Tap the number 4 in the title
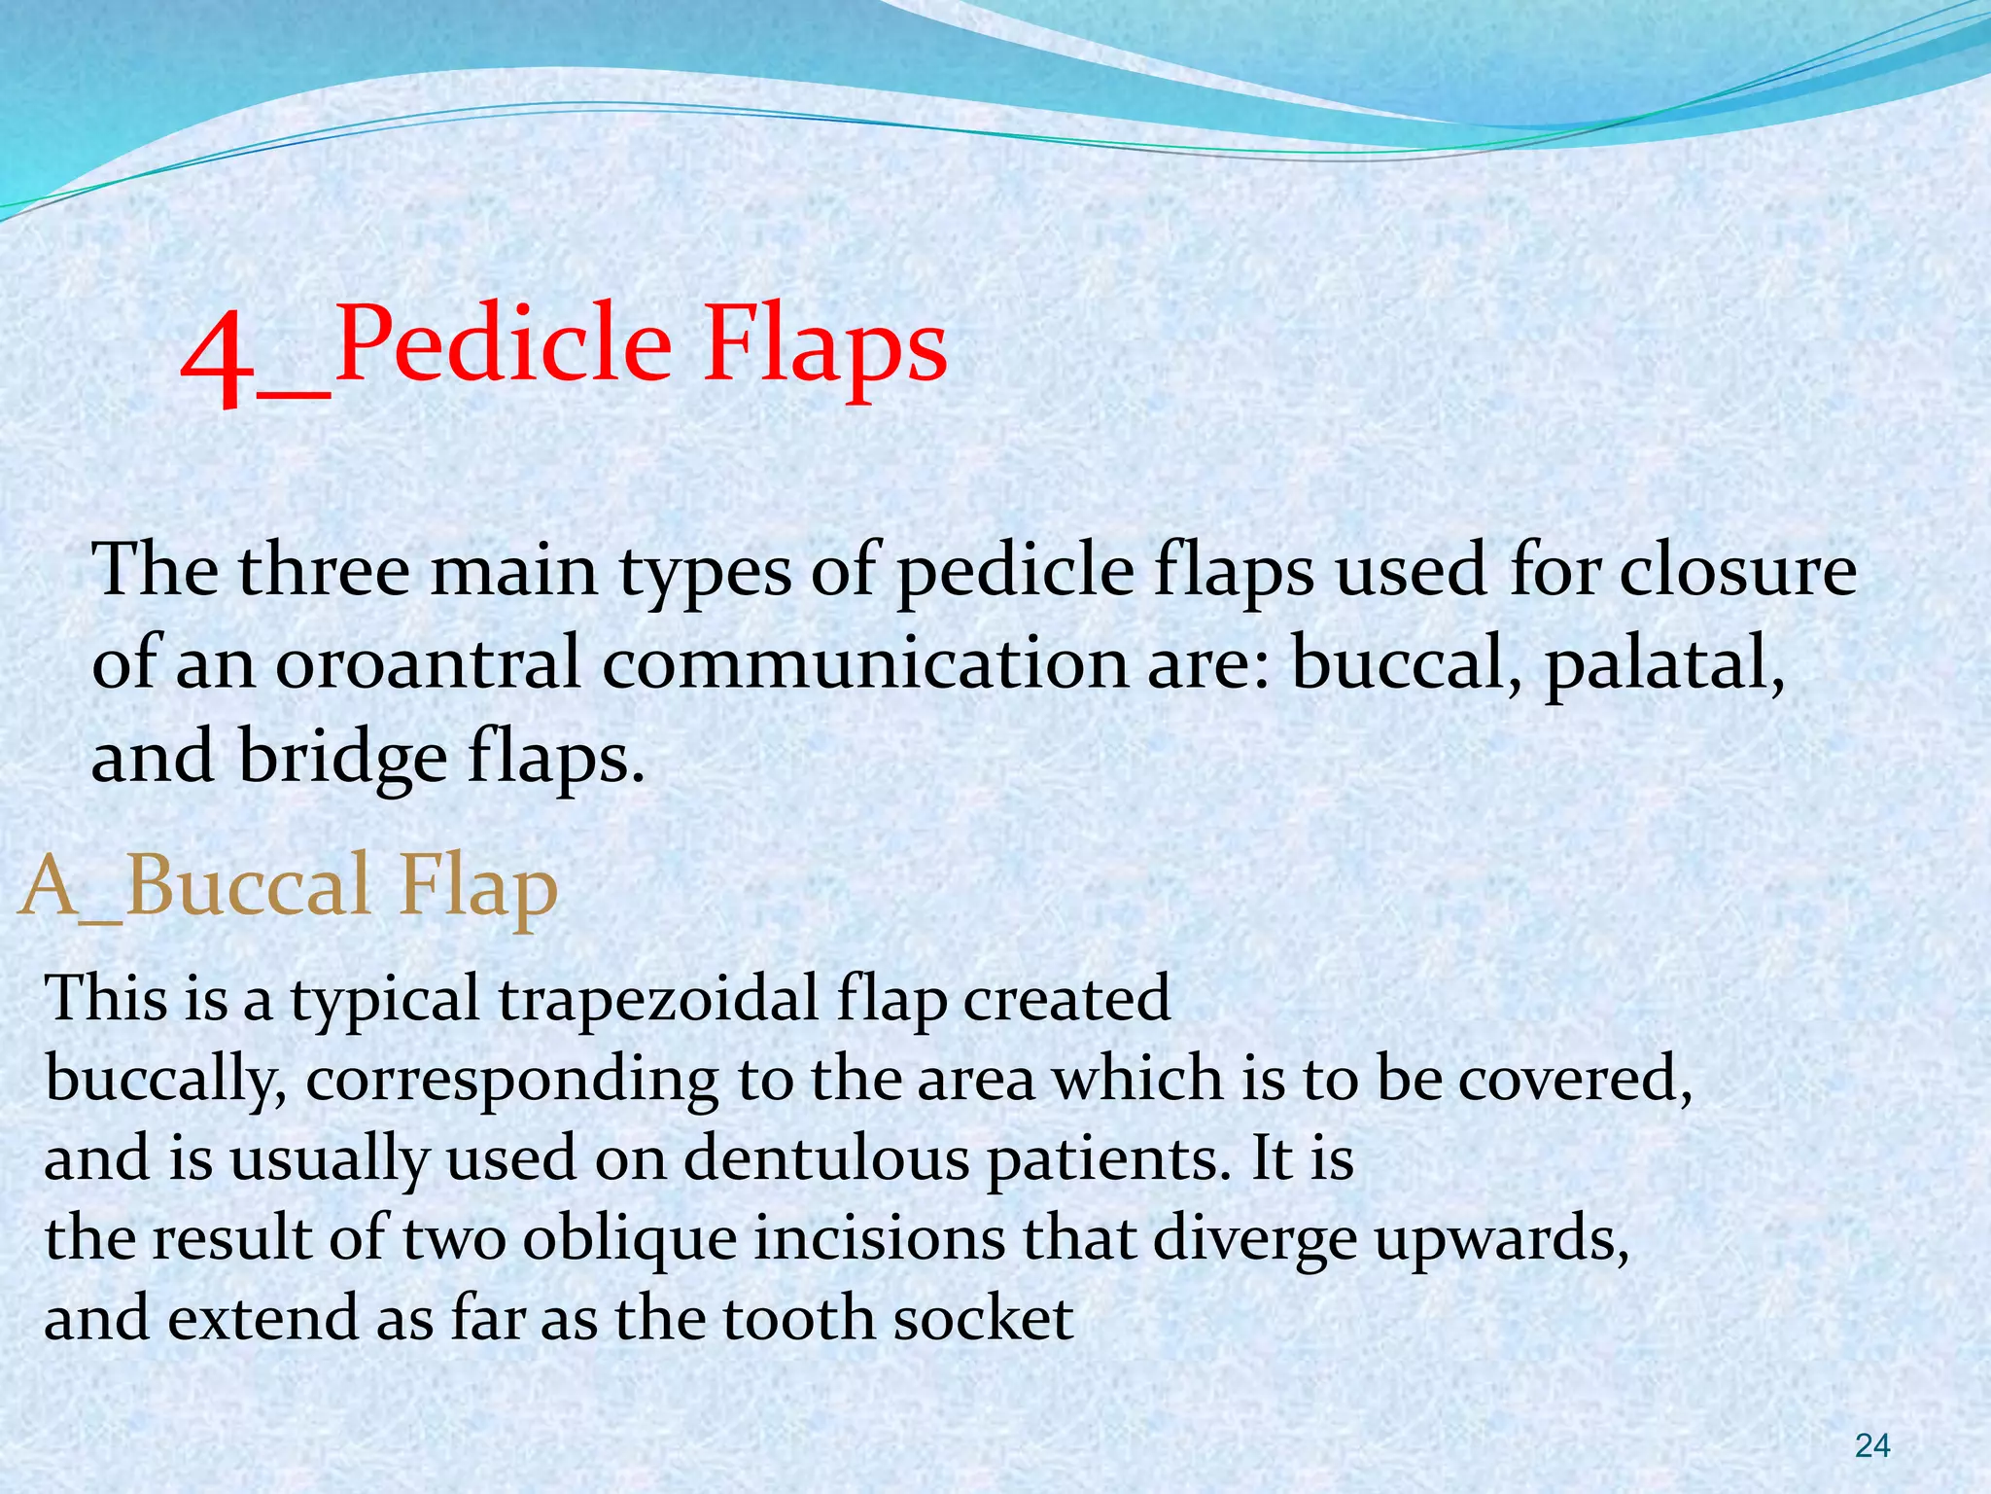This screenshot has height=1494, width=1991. point(217,360)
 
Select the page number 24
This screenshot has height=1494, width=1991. point(1871,1446)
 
